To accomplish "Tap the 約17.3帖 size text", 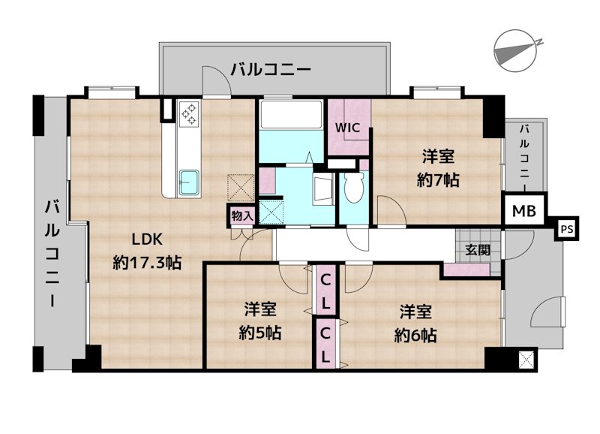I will pyautogui.click(x=147, y=263).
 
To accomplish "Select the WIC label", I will pyautogui.click(x=349, y=128).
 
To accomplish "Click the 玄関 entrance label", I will pyautogui.click(x=477, y=250).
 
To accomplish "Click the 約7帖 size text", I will pyautogui.click(x=438, y=180).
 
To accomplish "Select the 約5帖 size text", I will pyautogui.click(x=260, y=333).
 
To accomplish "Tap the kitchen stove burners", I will pyautogui.click(x=188, y=113).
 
